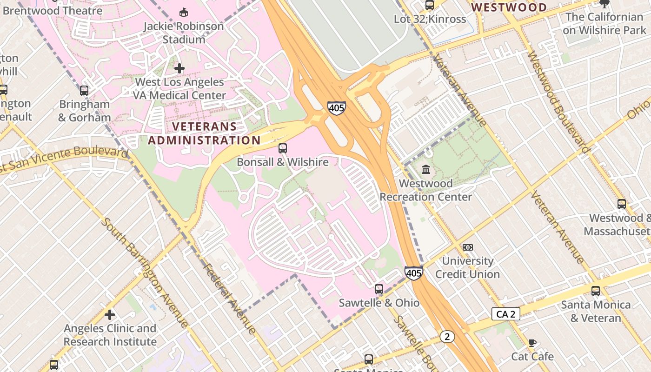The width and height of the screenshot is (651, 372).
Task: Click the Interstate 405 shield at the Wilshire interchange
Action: tap(336, 108)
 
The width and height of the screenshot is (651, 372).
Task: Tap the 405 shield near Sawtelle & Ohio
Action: tap(413, 272)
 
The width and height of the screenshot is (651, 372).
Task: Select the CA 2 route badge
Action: tap(505, 314)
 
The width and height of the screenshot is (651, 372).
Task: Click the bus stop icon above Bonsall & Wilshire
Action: tap(282, 148)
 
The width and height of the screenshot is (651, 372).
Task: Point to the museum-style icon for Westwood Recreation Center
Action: tap(425, 170)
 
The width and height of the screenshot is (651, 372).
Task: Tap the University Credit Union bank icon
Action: tap(467, 247)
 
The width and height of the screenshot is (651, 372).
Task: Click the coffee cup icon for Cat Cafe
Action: tap(532, 343)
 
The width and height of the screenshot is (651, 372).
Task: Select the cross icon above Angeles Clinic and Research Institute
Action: tap(110, 315)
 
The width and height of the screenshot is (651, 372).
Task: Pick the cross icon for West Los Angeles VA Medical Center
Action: tap(179, 68)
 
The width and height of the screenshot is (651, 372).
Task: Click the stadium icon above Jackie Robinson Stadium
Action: tap(184, 12)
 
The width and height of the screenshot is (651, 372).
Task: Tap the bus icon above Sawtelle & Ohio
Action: tap(379, 289)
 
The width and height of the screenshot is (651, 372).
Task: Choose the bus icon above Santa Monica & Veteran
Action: tap(596, 291)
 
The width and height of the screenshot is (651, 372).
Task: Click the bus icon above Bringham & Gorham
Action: tap(84, 91)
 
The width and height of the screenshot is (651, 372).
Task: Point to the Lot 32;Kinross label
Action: tap(430, 19)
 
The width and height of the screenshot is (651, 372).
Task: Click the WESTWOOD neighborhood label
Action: tap(509, 7)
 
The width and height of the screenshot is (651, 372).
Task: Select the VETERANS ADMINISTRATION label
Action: tap(205, 133)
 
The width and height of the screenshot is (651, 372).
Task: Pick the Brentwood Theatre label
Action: tap(52, 10)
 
